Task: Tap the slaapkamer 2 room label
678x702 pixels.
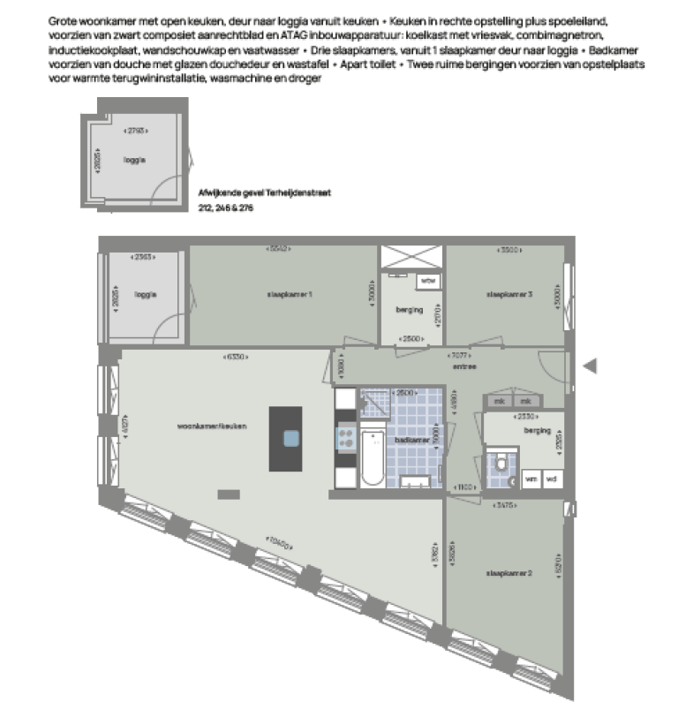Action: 507,575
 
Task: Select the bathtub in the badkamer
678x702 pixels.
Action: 373,457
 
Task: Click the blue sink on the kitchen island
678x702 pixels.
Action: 291,438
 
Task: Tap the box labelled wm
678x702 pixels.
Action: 531,479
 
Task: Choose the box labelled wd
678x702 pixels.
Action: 552,479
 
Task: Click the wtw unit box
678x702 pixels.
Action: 428,281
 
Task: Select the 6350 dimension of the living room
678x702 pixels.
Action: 237,357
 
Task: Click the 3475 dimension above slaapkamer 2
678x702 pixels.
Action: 506,506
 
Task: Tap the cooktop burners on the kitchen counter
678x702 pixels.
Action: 346,436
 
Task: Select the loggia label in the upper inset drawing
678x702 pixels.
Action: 134,160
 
